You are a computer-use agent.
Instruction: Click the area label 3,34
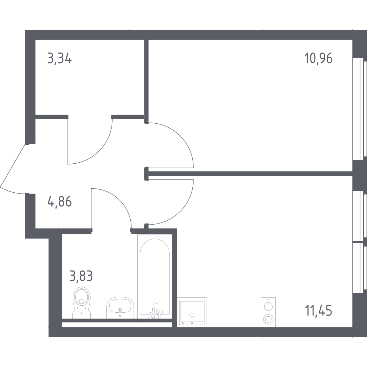click(x=59, y=58)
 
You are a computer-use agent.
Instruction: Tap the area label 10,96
click(x=318, y=58)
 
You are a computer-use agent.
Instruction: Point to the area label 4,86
click(x=59, y=202)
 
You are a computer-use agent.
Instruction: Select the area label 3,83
click(x=81, y=276)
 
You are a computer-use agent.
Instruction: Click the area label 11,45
click(x=318, y=311)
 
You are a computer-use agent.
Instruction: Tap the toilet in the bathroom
click(x=82, y=303)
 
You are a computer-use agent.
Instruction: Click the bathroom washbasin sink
click(x=120, y=308)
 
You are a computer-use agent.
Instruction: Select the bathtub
click(x=155, y=277)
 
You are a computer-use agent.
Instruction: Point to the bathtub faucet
click(x=156, y=311)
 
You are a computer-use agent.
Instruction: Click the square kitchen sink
click(x=192, y=312)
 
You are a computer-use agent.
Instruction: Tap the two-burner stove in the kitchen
click(x=268, y=312)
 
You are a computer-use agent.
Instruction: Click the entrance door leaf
click(x=12, y=166)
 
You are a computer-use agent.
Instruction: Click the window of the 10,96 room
click(x=359, y=109)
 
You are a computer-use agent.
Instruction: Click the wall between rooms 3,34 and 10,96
click(x=146, y=81)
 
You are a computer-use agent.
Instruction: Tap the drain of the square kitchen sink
click(x=192, y=315)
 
